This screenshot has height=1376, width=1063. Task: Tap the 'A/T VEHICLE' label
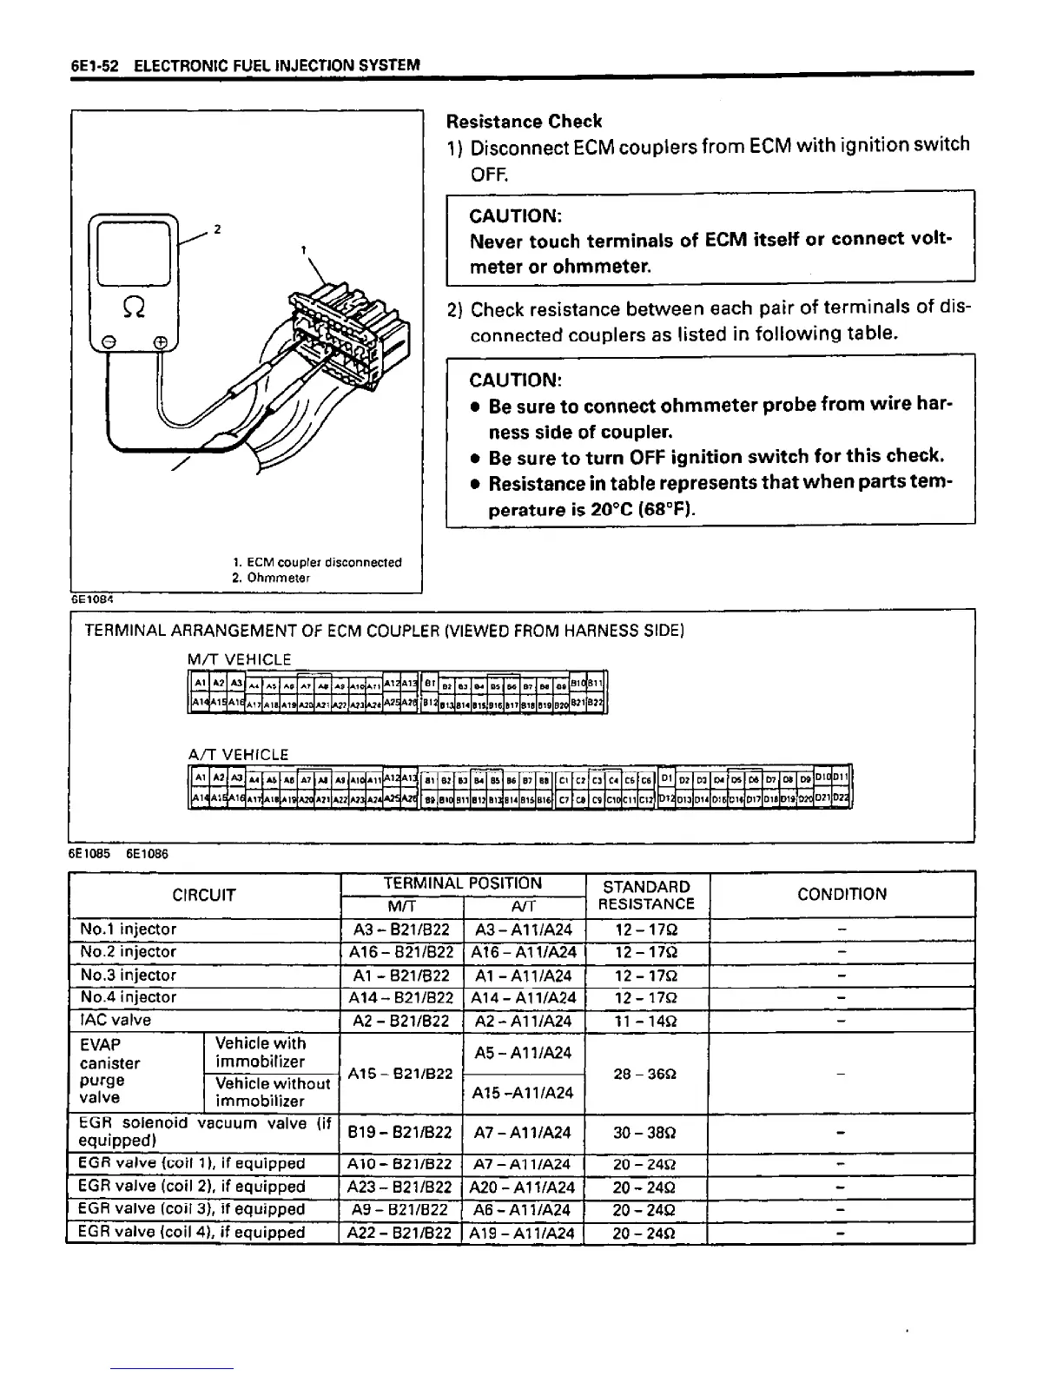point(238,754)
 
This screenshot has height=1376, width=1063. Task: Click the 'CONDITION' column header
point(842,894)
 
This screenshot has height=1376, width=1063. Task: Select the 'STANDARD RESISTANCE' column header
point(646,895)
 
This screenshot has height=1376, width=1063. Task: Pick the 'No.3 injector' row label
point(128,975)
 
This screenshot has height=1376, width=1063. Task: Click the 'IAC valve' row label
point(115,1020)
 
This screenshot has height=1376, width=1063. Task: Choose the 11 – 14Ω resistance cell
point(646,1021)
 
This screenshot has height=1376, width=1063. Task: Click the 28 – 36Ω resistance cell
point(646,1074)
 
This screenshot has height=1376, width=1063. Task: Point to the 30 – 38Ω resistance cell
point(646,1133)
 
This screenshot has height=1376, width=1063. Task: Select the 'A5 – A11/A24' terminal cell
point(524,1053)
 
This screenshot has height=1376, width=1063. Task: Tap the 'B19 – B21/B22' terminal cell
point(399,1133)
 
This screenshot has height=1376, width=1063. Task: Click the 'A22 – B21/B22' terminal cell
point(399,1233)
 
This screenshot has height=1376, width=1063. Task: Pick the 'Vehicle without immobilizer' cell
point(272,1092)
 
